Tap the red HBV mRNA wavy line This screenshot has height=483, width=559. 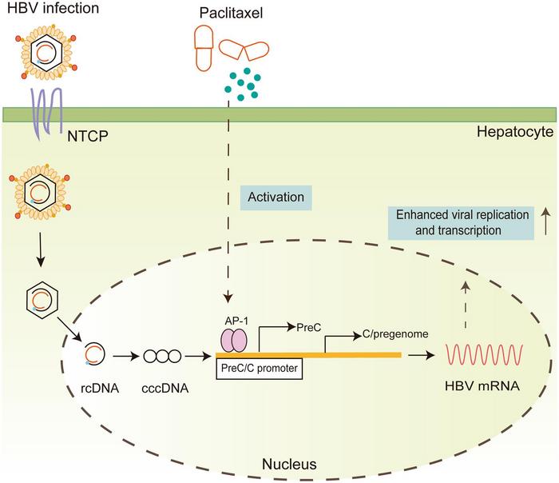[486, 352]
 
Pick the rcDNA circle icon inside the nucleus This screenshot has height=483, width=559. [94, 353]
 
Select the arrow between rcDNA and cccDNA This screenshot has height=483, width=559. [126, 353]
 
